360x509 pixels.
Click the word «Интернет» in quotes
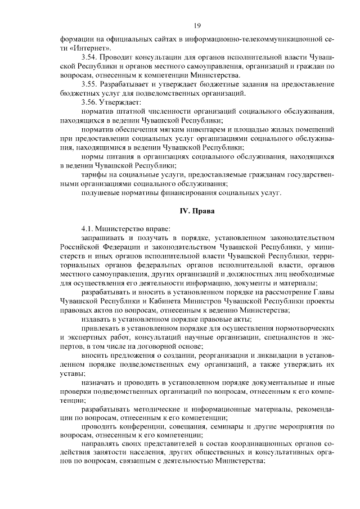click(86, 49)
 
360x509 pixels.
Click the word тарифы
click(94, 174)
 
